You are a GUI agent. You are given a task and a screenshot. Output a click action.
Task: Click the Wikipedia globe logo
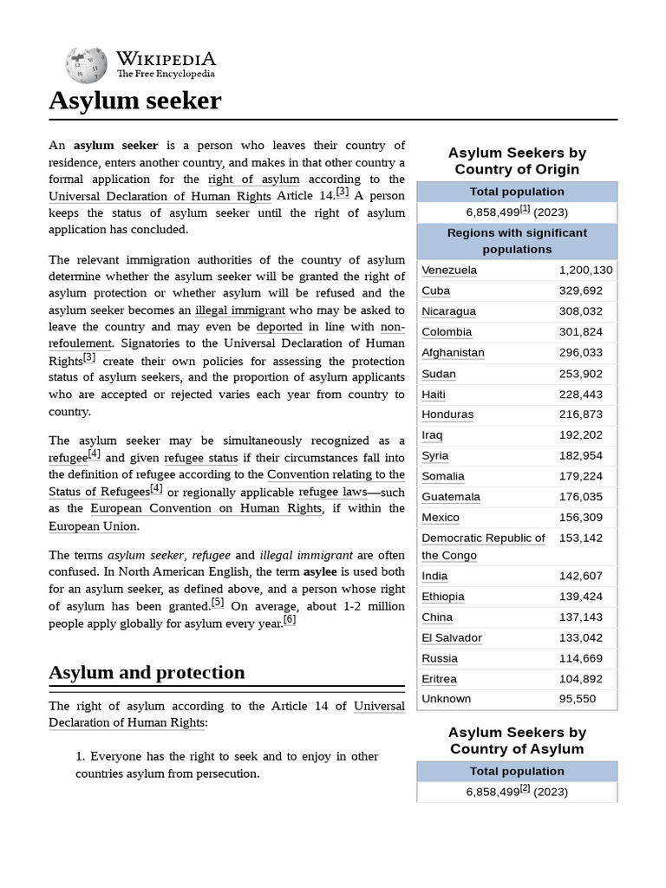coord(86,64)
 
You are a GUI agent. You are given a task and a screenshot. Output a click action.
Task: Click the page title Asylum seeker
coord(134,101)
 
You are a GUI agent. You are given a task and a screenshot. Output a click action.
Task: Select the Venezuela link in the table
coord(448,270)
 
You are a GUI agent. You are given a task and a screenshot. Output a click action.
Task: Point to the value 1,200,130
coord(585,270)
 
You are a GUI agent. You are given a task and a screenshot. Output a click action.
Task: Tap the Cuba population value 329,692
coord(580,291)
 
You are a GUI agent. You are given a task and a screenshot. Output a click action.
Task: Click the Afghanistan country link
coord(453,352)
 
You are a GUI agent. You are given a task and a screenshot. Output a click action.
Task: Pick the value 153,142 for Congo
coord(580,538)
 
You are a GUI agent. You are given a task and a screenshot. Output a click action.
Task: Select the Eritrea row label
coord(439,679)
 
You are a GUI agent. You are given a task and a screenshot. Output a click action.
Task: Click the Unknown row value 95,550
coord(577,699)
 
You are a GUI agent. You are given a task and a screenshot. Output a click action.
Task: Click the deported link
coord(279,327)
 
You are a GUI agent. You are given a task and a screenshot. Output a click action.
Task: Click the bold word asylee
coord(318,572)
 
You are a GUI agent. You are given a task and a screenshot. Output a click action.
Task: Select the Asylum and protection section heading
coord(147,672)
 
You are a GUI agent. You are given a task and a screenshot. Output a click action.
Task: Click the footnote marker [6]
coord(290,620)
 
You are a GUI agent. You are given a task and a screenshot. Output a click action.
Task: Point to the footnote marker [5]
coord(217,603)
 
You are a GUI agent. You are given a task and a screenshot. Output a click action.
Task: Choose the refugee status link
coord(200,457)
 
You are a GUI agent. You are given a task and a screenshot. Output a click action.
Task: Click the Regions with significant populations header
coord(517,241)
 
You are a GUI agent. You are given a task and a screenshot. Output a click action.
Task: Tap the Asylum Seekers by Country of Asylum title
coord(517,741)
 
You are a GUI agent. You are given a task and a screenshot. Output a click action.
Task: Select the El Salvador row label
coord(451,637)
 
